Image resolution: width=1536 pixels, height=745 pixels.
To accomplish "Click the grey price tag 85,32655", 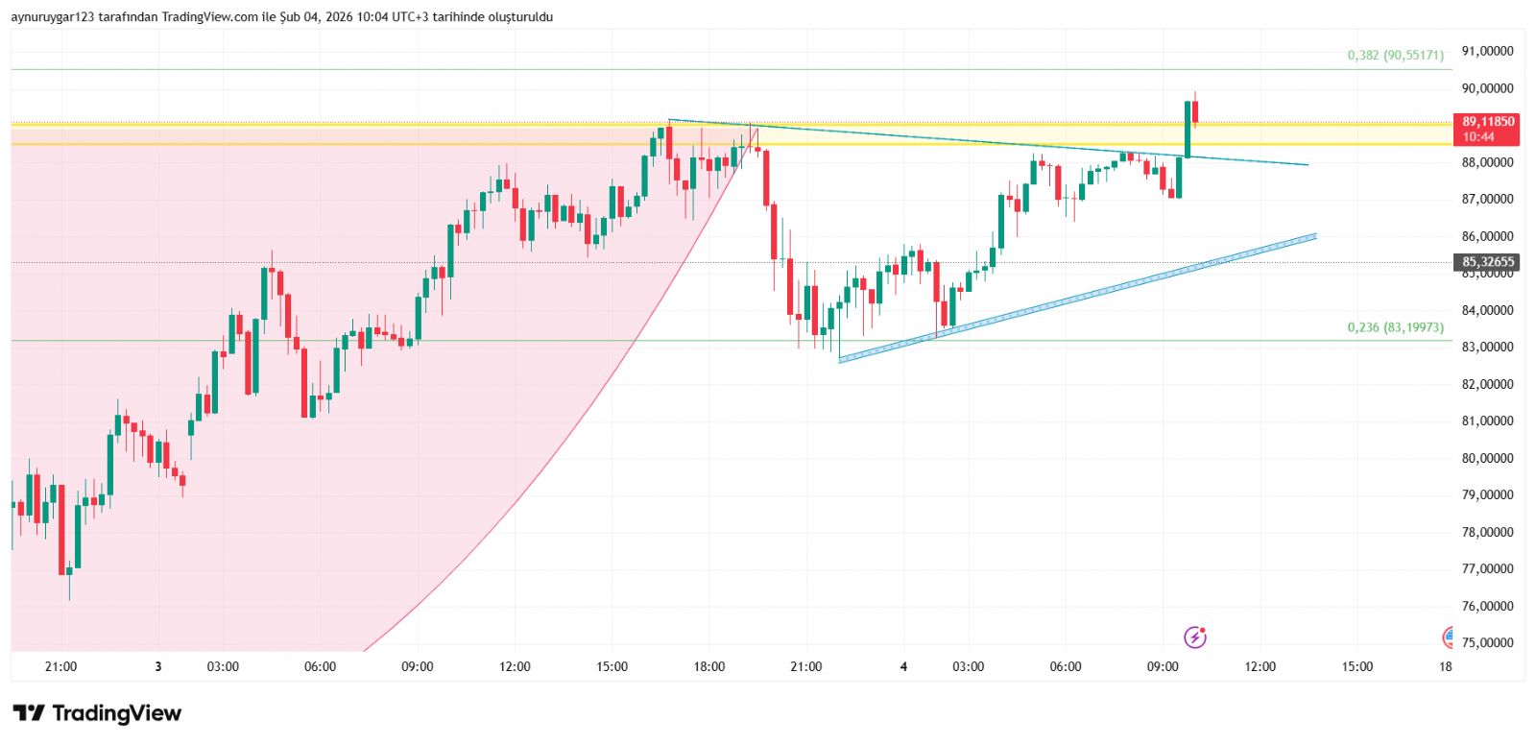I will point(1487,262).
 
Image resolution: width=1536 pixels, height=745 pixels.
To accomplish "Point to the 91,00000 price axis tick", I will point(1487,51).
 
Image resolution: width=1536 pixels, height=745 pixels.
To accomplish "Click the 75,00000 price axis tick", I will point(1487,643).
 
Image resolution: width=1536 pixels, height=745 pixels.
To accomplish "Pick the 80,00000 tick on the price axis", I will point(1487,458).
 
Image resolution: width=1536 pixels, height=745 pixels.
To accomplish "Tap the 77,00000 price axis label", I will point(1487,569).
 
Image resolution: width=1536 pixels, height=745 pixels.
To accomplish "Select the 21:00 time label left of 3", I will point(60,667).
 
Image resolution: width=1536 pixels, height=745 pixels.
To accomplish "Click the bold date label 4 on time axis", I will point(903,667).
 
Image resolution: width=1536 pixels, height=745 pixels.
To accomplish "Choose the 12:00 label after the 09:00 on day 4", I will point(1260,667).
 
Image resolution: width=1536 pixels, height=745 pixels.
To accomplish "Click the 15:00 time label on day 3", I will point(612,667).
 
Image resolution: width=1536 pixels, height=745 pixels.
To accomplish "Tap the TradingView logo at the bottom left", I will point(97,713).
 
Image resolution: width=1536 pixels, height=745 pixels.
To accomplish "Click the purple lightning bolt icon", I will point(1194,637).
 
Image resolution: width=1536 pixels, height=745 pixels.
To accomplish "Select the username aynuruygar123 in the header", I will point(53,17).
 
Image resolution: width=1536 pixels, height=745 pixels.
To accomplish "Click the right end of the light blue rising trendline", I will point(1313,235).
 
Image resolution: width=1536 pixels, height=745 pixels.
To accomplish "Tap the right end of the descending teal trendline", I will point(1307,165).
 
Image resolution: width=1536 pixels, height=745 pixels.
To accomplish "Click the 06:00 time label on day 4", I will point(1065,667).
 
